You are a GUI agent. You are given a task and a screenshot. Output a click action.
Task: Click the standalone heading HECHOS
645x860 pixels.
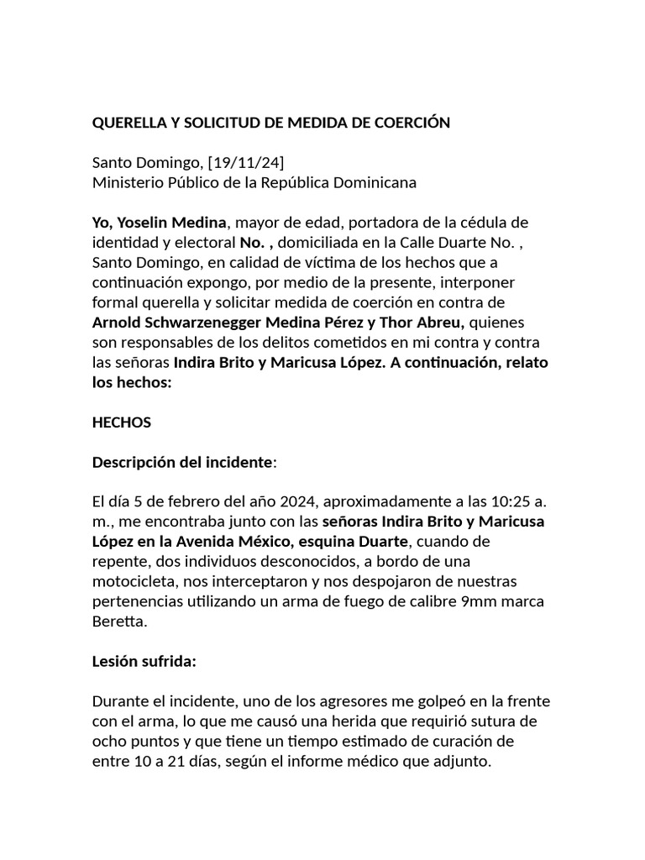122,422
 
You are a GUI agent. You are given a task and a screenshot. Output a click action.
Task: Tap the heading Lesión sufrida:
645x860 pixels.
144,662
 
